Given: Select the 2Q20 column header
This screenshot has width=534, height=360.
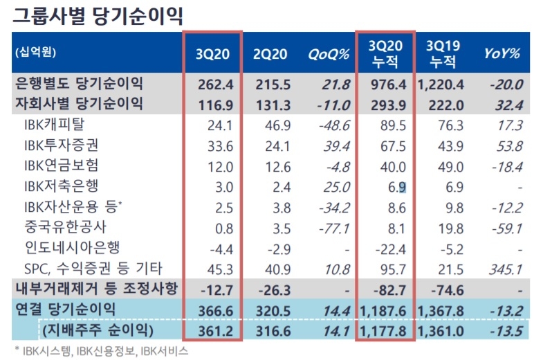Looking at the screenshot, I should coord(272,52).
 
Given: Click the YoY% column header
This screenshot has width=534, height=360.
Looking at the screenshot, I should coord(501,52).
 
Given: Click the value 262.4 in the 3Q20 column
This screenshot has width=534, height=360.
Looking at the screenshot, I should coord(213,84).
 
